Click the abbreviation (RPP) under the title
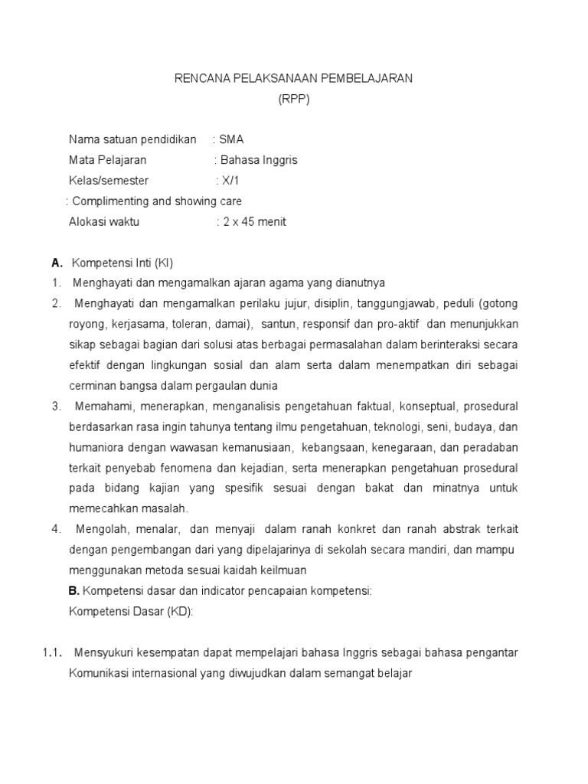coord(294,99)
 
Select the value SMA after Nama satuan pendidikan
coord(231,139)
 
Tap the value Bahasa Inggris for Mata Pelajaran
coord(259,160)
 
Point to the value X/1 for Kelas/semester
coord(230,181)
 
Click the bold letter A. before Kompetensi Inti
coord(56,263)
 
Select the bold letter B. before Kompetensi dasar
coord(73,590)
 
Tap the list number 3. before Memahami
coord(57,406)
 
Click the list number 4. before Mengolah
coord(57,529)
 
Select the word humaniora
coord(95,447)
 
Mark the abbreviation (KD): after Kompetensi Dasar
coord(179,611)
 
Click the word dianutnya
coord(358,283)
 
